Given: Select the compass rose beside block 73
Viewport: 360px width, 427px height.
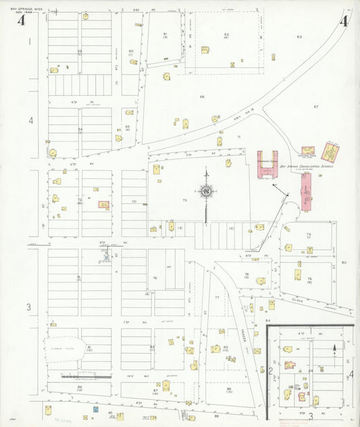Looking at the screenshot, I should pos(206,193).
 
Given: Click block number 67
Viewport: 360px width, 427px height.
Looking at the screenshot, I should pos(315,107).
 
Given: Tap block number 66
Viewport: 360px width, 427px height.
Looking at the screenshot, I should pos(201,97).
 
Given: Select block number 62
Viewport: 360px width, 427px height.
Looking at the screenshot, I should pos(227,34).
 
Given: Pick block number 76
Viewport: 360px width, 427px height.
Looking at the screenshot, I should pos(155,278).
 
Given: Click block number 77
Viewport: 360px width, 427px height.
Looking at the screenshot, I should pos(217,297).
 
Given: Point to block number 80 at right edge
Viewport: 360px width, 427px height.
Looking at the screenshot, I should pos(343,262).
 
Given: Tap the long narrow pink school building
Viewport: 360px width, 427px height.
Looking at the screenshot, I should pos(307,191).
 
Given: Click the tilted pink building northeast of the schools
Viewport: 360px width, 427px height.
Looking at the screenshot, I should pos(330,151).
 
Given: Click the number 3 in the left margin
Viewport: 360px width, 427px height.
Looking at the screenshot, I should pos(28,307).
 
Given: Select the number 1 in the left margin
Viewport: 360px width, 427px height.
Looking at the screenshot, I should pos(30,42).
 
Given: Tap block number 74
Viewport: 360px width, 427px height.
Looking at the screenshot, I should pos(308,234).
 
